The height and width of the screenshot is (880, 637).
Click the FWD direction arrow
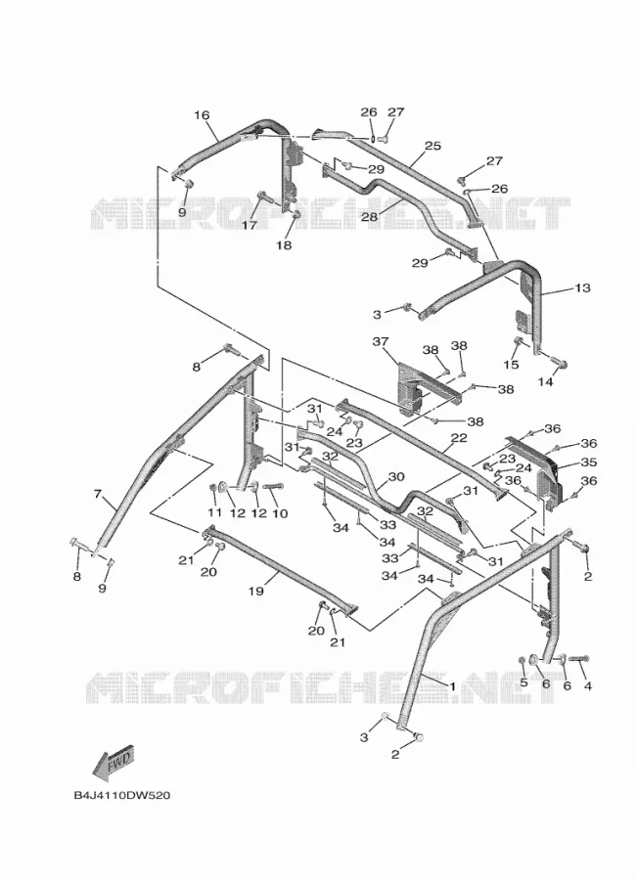[113, 765]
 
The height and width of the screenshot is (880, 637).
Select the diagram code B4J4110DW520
[121, 796]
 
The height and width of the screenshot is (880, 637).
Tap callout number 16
[202, 115]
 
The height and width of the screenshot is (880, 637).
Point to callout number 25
[432, 146]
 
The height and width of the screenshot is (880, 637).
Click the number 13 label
[582, 287]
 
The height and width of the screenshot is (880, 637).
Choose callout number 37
[381, 341]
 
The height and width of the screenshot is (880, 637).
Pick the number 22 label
[459, 438]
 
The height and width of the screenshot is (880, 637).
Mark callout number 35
[588, 462]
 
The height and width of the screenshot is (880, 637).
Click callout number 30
[396, 476]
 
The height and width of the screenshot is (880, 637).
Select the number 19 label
[255, 591]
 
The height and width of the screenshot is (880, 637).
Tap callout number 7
[97, 494]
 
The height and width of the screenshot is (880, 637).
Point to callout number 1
[452, 685]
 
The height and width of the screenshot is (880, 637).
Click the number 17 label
[250, 225]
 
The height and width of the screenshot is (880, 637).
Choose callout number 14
[545, 381]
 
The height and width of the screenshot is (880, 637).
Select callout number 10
[279, 513]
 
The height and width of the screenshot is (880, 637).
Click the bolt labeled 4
[579, 659]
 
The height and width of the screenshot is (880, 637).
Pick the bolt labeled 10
[273, 487]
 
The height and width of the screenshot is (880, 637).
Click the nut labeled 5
[523, 659]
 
